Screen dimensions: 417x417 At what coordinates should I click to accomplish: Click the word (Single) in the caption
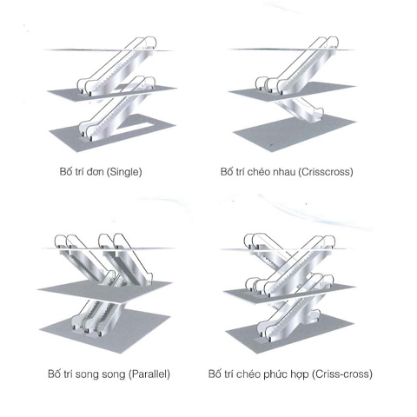(124, 172)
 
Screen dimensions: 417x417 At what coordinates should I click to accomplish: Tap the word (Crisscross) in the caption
(326, 172)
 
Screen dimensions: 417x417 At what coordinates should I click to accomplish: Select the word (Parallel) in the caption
(149, 374)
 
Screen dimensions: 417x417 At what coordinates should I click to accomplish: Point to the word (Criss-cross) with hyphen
(342, 374)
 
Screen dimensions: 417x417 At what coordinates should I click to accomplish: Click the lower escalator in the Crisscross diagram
(301, 110)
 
